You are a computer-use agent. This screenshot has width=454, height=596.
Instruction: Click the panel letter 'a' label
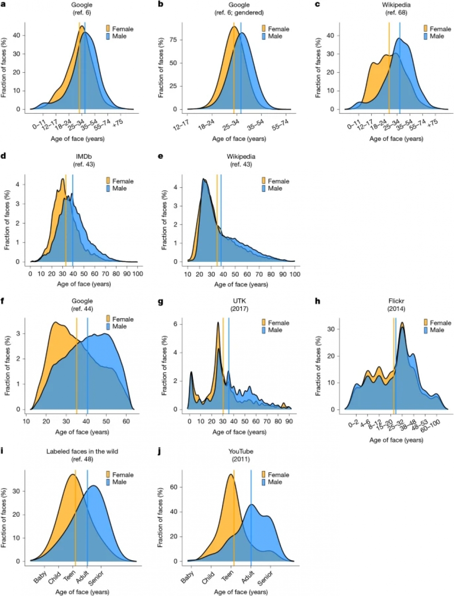(4, 5)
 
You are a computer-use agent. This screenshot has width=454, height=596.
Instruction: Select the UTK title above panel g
(239, 301)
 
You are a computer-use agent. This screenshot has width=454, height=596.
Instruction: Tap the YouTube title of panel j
(241, 451)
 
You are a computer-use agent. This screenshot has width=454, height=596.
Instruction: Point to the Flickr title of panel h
(396, 301)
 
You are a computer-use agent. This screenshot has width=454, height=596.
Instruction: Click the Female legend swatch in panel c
(425, 29)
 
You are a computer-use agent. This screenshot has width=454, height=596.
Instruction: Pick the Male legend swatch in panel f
(108, 326)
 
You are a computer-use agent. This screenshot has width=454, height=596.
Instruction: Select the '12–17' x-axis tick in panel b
(182, 125)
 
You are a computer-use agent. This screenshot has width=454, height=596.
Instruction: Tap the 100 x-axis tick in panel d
(137, 274)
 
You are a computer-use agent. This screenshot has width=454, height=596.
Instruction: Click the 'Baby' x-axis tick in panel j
(188, 576)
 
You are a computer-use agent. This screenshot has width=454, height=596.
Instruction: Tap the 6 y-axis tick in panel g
(181, 324)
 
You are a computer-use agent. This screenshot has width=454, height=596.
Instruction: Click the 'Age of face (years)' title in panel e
(241, 285)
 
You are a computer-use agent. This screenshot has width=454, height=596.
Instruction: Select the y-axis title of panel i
(4, 517)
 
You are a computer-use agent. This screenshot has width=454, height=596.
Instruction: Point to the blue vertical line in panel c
(400, 68)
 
